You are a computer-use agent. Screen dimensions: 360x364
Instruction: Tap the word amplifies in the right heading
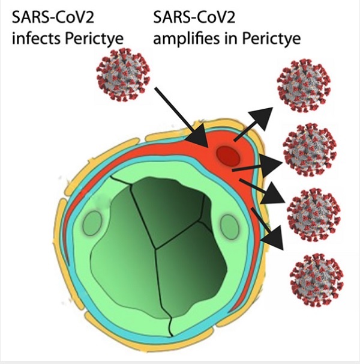pos(186,38)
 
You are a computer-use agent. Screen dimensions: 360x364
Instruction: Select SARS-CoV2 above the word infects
pos(53,17)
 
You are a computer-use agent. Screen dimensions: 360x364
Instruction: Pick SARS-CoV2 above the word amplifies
pos(194,17)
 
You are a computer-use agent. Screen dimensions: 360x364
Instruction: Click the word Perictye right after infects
pos(94,38)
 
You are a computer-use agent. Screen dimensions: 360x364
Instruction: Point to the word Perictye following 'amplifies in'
pos(271,38)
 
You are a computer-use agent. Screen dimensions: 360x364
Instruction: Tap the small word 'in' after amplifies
pos(231,38)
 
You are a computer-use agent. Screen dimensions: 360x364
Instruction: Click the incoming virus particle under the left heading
pos(123,74)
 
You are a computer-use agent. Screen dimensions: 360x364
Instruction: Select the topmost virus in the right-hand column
pos(304,86)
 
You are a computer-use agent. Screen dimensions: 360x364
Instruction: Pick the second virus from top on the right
pos(310,150)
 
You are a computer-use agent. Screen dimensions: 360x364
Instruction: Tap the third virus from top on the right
pos(314,214)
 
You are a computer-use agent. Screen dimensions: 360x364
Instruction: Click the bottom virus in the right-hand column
pos(317,280)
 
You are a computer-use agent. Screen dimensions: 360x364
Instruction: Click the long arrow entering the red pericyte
pos(181,117)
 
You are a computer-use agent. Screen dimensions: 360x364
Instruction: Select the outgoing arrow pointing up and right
pos(253,124)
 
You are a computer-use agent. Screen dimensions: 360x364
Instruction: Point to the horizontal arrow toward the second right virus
pos(257,166)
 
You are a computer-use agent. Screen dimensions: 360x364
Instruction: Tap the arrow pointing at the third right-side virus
pos(262,191)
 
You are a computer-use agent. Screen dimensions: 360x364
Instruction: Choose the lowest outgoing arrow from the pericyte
pos(268,229)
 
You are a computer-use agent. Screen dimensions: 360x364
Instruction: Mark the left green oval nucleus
pos(92,223)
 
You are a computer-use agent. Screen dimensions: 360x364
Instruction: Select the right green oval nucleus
pos(229,227)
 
